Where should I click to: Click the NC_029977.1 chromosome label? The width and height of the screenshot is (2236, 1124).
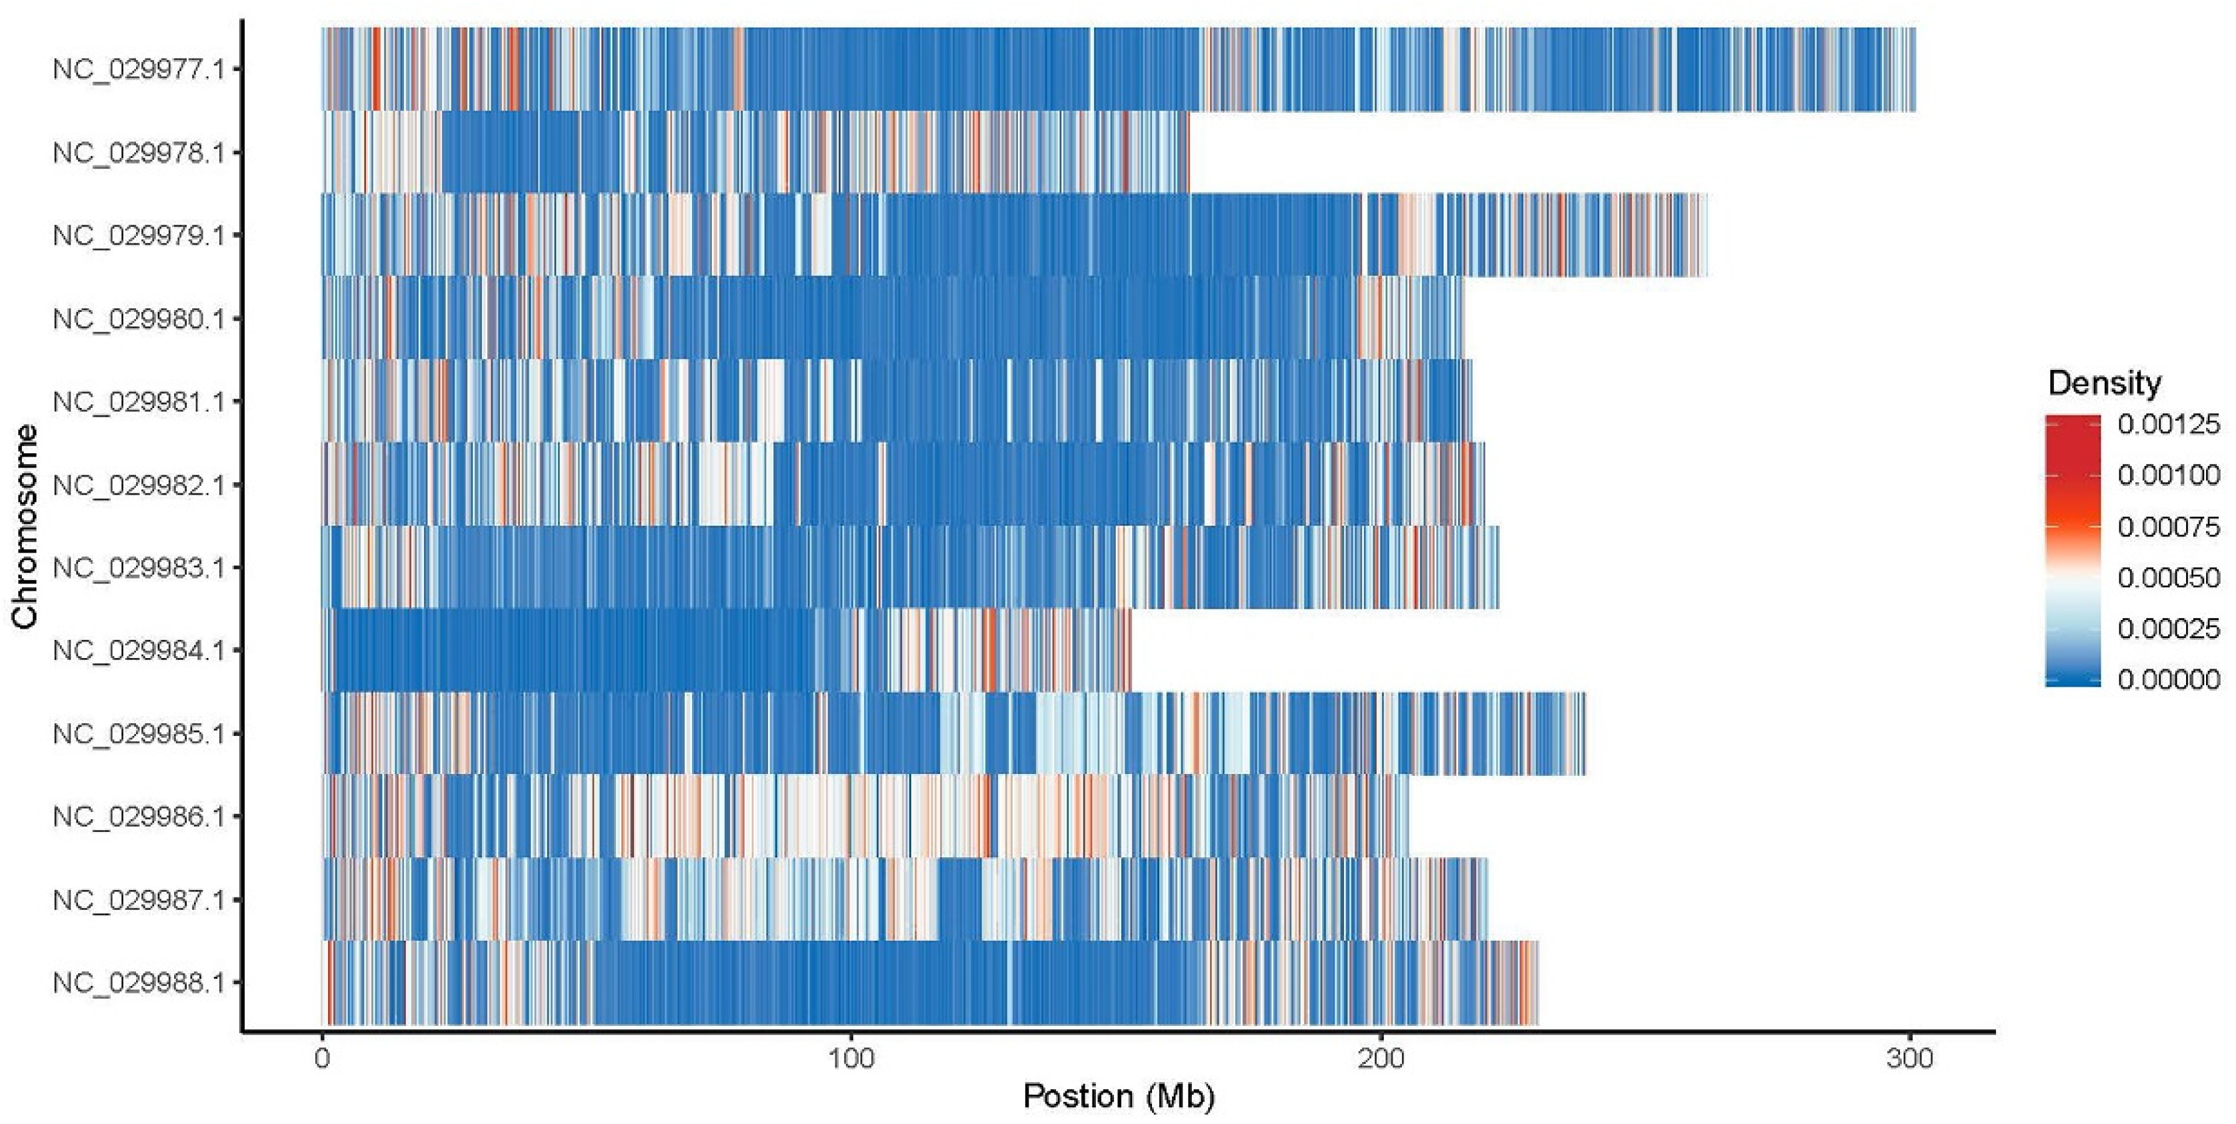pyautogui.click(x=138, y=69)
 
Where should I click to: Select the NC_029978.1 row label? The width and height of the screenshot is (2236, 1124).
pyautogui.click(x=138, y=153)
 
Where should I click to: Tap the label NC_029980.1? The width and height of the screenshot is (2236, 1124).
pyautogui.click(x=138, y=319)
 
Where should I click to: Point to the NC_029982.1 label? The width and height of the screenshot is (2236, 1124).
pyautogui.click(x=138, y=485)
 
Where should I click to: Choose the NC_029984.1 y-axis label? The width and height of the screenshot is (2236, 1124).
pyautogui.click(x=138, y=650)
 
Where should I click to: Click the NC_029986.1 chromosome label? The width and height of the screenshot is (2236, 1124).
pyautogui.click(x=138, y=817)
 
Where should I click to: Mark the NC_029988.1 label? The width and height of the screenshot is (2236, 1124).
pyautogui.click(x=138, y=983)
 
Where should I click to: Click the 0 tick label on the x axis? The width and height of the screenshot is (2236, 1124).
pyautogui.click(x=323, y=1058)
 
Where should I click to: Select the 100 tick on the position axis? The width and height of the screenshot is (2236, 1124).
pyautogui.click(x=851, y=1058)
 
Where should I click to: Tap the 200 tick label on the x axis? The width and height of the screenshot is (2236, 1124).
pyautogui.click(x=1380, y=1058)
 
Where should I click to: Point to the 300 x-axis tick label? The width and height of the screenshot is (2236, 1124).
pyautogui.click(x=1909, y=1058)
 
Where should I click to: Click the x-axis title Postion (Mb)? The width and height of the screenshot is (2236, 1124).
pyautogui.click(x=1118, y=1096)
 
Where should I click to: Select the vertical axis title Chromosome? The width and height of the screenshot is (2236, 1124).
pyautogui.click(x=25, y=526)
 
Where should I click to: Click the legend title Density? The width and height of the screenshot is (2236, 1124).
pyautogui.click(x=2104, y=383)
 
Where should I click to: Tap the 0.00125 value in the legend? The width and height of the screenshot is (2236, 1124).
pyautogui.click(x=2168, y=425)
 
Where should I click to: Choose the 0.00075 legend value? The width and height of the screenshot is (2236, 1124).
pyautogui.click(x=2168, y=527)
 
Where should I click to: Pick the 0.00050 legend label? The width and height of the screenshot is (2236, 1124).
pyautogui.click(x=2168, y=578)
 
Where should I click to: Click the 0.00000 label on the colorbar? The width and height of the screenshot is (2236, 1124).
pyautogui.click(x=2168, y=679)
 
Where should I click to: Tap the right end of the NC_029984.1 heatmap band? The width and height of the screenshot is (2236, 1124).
pyautogui.click(x=1129, y=650)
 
